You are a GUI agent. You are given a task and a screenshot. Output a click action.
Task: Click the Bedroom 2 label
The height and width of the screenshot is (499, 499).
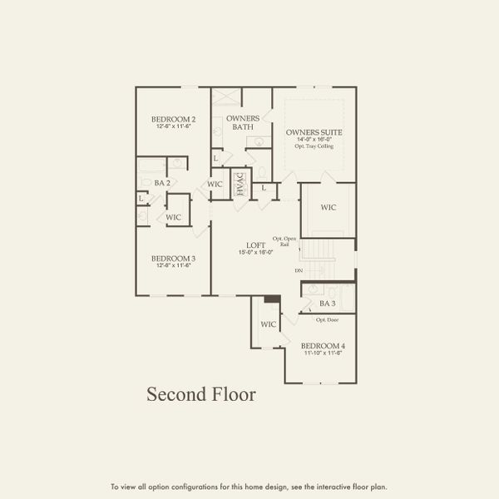(173, 120)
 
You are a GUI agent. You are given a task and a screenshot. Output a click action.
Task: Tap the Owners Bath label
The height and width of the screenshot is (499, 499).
(243, 122)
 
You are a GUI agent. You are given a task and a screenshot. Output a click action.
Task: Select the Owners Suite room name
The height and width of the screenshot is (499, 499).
(314, 132)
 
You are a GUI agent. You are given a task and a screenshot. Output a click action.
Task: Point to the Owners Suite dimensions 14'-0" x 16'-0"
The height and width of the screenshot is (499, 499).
(314, 140)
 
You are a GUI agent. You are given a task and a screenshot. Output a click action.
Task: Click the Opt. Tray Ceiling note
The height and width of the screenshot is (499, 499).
(314, 146)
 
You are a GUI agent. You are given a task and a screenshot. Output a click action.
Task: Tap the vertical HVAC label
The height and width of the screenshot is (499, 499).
(240, 185)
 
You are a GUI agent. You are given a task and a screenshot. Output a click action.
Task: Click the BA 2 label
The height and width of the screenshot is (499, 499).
(162, 182)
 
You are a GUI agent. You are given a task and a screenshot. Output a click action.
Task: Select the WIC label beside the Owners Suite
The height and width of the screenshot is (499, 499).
(328, 207)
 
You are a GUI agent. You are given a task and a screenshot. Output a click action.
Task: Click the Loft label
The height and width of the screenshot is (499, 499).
(255, 245)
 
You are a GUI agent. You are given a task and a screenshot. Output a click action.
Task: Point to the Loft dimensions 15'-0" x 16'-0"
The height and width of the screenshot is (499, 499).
(255, 252)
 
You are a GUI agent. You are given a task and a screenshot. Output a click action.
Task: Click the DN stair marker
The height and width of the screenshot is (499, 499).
(299, 271)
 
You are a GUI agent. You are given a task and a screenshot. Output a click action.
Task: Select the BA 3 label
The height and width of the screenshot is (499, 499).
(327, 304)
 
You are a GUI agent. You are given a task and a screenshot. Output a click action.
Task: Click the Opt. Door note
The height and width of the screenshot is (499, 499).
(326, 319)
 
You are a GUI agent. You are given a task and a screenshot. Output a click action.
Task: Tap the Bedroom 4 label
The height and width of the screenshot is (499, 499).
(323, 345)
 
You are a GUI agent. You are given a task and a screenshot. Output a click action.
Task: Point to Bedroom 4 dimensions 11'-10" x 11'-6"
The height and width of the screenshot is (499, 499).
(323, 353)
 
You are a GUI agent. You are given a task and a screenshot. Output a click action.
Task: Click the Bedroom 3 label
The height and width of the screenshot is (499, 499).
(173, 259)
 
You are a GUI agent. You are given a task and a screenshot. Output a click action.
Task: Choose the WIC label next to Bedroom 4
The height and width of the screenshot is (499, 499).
(268, 324)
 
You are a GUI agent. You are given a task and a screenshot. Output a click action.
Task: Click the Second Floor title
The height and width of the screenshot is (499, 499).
(201, 394)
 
